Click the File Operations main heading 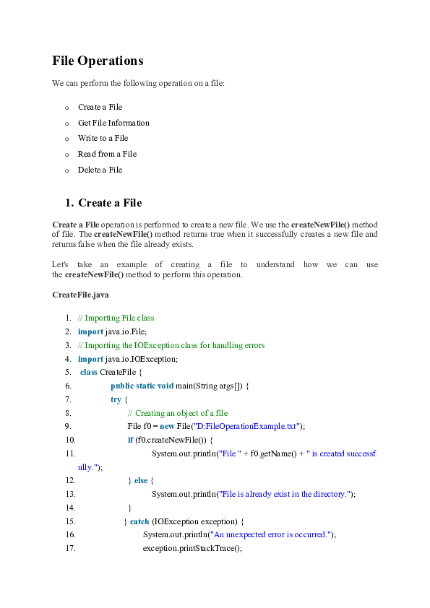pyautogui.click(x=98, y=61)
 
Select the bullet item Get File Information pyautogui.click(x=113, y=123)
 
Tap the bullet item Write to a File pyautogui.click(x=103, y=138)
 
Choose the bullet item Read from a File pyautogui.click(x=107, y=154)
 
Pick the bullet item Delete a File pyautogui.click(x=100, y=170)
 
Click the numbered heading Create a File pyautogui.click(x=109, y=203)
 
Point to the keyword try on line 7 pyautogui.click(x=116, y=399)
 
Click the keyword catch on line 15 pyautogui.click(x=139, y=521)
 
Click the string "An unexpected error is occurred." pyautogui.click(x=271, y=534)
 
